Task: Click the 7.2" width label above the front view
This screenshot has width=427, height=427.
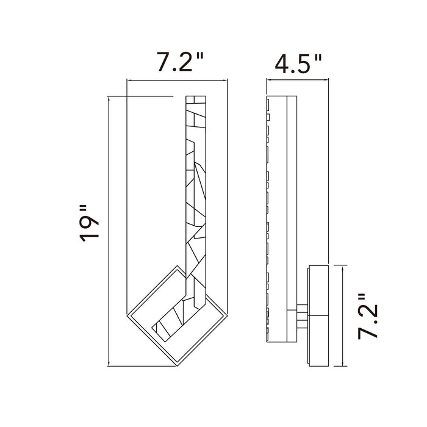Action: tap(179, 62)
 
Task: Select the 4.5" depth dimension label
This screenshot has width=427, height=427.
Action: tap(298, 62)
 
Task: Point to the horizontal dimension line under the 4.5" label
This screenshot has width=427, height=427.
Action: tap(298, 79)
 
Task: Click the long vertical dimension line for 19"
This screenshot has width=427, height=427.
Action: tap(108, 232)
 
